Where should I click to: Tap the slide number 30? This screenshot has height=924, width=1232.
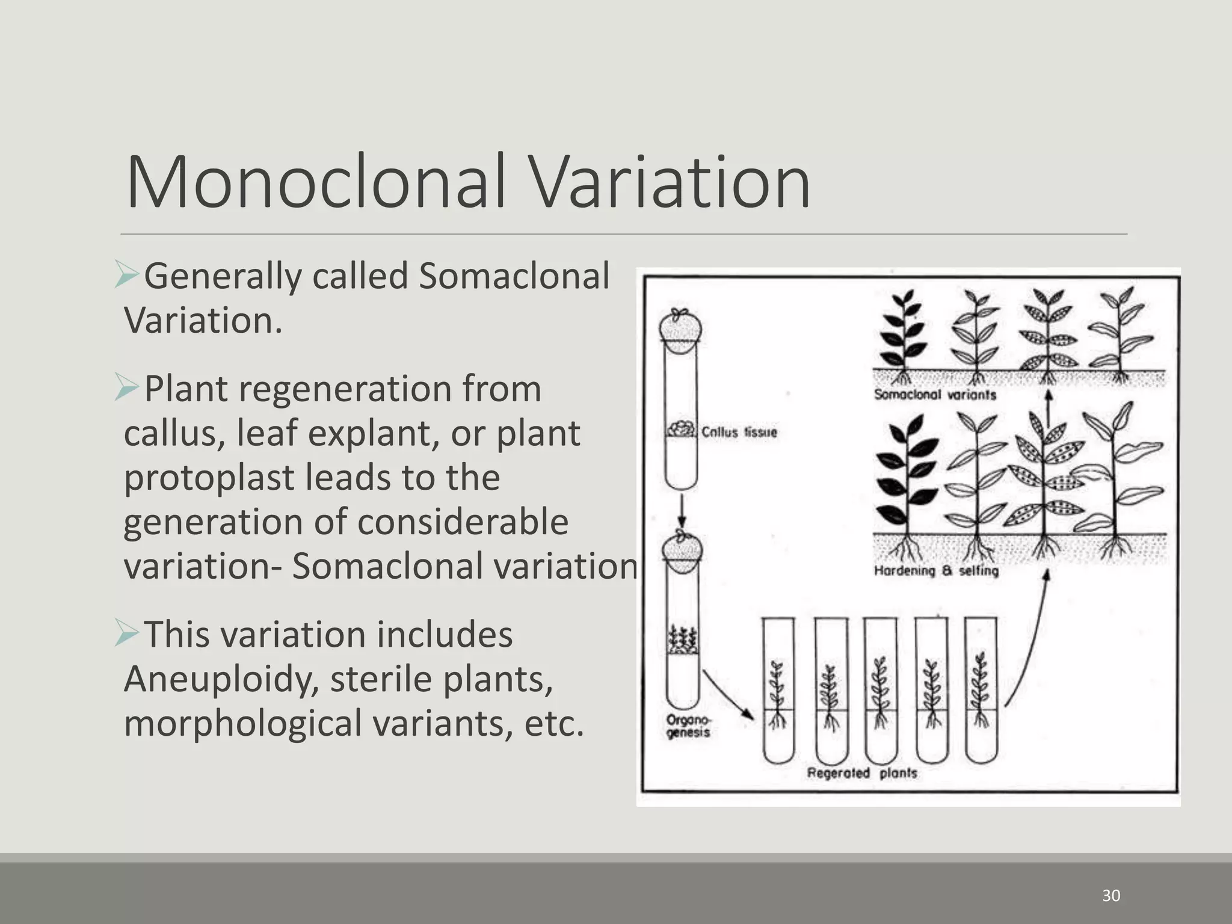(1111, 896)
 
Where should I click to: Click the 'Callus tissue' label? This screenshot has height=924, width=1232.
(739, 432)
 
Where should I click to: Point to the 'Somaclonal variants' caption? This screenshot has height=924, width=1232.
(935, 395)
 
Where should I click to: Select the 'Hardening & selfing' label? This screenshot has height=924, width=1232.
(936, 570)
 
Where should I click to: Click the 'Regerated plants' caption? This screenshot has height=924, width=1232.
(861, 772)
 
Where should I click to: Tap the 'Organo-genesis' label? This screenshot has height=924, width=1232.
(688, 726)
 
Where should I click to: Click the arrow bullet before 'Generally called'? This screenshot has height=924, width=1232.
(127, 275)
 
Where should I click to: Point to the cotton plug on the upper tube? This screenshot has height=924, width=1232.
(681, 327)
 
